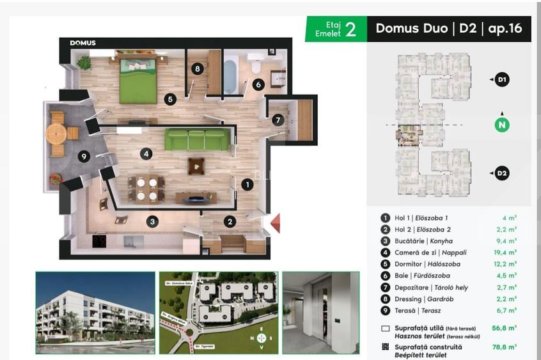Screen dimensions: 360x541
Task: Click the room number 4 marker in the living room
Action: (x=146, y=153)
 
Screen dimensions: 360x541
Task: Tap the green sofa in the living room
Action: (x=197, y=139)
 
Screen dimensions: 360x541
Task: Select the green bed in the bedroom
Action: (x=137, y=81)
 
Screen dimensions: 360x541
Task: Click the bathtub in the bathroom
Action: (x=230, y=75)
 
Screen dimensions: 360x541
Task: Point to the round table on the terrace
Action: (x=56, y=134)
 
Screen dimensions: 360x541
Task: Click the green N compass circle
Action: (x=503, y=125)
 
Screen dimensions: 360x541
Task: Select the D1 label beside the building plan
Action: (x=503, y=80)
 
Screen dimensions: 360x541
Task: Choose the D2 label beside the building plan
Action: (x=503, y=173)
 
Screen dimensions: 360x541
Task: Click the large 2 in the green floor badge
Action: (x=350, y=29)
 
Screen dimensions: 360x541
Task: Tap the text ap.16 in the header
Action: (x=505, y=29)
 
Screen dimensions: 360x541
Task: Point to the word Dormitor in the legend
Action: (x=409, y=264)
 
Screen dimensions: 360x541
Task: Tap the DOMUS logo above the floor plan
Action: (x=82, y=43)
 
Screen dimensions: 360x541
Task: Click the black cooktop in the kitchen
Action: (x=100, y=241)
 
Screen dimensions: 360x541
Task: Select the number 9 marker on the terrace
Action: (x=84, y=156)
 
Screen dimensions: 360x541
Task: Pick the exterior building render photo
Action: (x=95, y=313)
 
